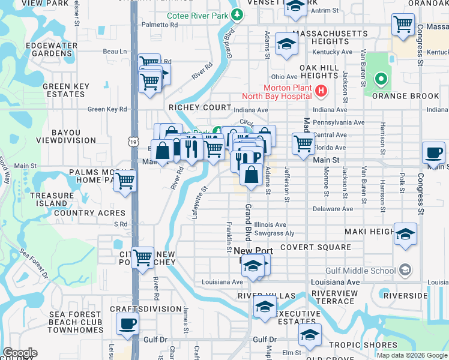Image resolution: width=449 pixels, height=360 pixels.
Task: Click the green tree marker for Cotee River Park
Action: (x=238, y=15)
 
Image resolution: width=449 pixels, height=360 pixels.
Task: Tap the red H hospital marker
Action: (x=321, y=91)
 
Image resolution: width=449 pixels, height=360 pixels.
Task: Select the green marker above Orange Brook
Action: (x=380, y=79)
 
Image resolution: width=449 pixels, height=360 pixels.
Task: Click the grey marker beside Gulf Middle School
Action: (x=406, y=271)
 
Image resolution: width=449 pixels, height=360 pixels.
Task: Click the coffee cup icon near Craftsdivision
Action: (x=127, y=324)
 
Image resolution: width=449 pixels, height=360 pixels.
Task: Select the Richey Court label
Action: (x=199, y=107)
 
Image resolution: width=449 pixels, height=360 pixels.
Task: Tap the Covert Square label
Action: (x=315, y=247)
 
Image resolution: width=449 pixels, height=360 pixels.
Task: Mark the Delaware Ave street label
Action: (x=333, y=209)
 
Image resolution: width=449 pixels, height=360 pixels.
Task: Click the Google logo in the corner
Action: (x=20, y=353)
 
